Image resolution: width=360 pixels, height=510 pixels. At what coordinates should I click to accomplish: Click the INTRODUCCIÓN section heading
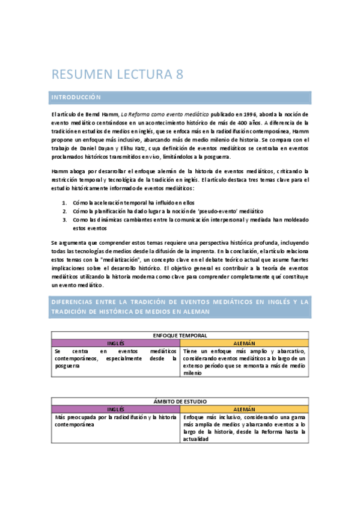(75, 97)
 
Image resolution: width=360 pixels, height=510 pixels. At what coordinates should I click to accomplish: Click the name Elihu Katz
(125, 148)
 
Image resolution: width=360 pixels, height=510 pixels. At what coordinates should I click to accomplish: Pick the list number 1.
(64, 203)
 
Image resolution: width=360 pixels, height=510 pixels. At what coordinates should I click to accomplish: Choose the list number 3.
(64, 220)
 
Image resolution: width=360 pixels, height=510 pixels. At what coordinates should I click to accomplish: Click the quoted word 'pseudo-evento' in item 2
(223, 212)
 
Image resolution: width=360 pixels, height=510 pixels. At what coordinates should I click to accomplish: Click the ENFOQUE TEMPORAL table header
(180, 334)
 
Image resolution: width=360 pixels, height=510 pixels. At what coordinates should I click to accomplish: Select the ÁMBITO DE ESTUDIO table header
(180, 401)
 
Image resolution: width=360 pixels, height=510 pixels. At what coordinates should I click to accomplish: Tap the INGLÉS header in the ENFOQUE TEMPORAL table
(115, 342)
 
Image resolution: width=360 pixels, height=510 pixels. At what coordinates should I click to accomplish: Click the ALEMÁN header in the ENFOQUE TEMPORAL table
(245, 342)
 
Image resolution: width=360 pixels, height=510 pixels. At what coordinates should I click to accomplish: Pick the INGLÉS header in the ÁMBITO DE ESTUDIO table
(115, 409)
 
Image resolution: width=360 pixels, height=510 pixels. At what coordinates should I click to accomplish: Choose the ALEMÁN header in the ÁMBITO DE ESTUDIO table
(245, 409)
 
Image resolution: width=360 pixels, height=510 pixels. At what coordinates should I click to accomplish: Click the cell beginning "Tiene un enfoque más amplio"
(245, 361)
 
